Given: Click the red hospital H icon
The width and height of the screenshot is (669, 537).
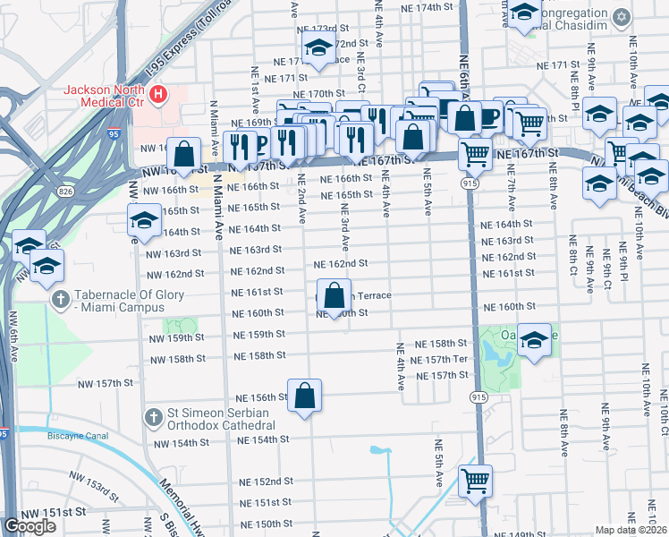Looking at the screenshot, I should (x=158, y=92).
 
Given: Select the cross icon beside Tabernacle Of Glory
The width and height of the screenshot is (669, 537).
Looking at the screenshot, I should (x=62, y=301).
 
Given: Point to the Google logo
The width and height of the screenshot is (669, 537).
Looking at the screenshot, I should (x=30, y=526).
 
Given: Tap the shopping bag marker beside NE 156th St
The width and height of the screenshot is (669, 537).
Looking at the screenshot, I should (x=304, y=394).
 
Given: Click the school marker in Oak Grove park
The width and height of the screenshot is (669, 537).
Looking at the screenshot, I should (x=534, y=340).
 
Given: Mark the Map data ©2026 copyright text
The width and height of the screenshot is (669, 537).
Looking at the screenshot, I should (x=631, y=530).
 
